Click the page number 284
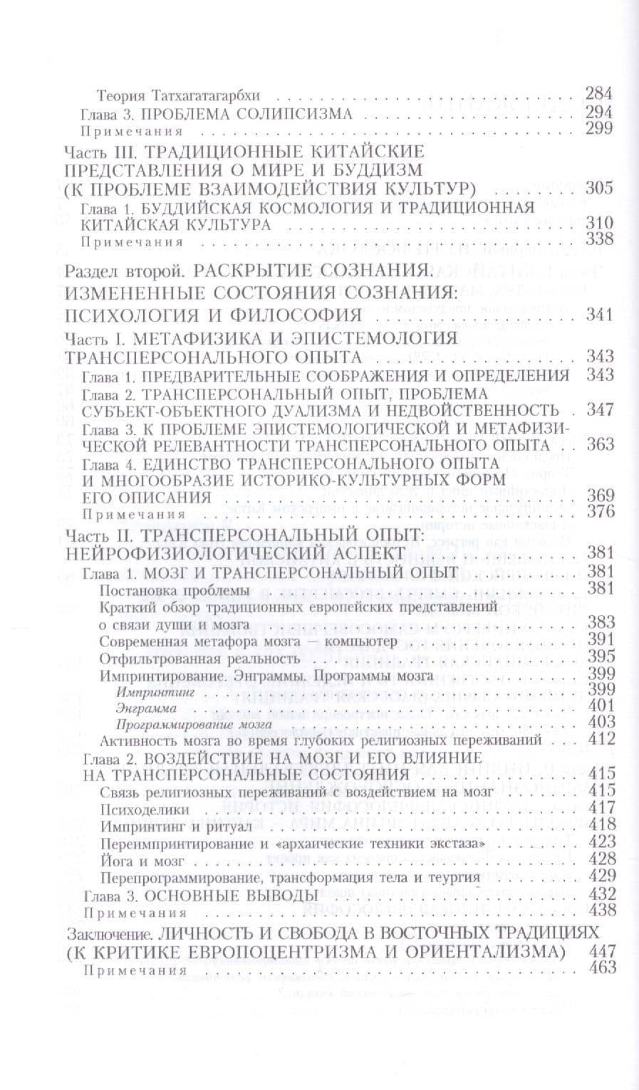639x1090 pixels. (x=598, y=93)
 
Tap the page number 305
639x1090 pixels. (x=598, y=190)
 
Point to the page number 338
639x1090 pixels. (x=598, y=240)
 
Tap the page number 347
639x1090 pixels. (x=598, y=410)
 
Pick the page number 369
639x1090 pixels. (x=598, y=496)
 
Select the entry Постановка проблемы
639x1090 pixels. (x=175, y=590)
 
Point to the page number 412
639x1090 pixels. (x=598, y=739)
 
